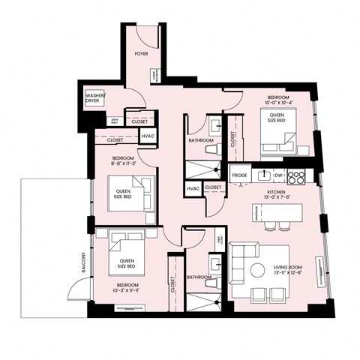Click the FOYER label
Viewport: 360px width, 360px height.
(140, 55)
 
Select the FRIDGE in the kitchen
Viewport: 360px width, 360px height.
(239, 175)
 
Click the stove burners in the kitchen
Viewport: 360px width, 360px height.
(296, 176)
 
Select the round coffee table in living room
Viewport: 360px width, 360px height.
(257, 269)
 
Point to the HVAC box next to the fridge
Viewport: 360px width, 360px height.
(193, 188)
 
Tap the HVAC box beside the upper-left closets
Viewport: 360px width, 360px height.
(148, 135)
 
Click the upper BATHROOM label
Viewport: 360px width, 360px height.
(201, 141)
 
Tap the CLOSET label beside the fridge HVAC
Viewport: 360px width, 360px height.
(213, 187)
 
